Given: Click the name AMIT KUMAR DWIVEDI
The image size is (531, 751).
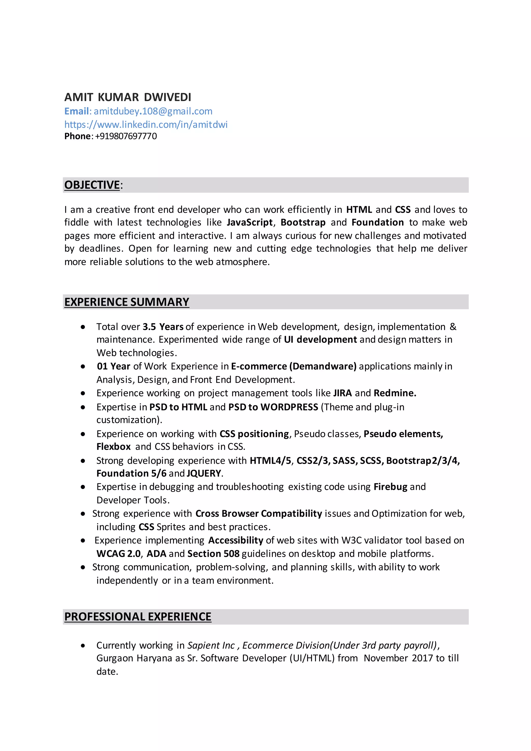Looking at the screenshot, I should [x=128, y=97].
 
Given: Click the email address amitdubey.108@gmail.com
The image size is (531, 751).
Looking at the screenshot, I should [x=153, y=111].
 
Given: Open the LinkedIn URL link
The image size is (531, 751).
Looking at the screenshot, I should [x=146, y=124].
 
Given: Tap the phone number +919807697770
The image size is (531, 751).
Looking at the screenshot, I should [x=126, y=136].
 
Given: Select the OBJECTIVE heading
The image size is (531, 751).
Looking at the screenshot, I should [x=92, y=185].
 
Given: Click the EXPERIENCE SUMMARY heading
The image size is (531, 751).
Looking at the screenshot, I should [x=127, y=302].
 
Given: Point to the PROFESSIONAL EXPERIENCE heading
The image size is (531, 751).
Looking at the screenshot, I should [x=138, y=617].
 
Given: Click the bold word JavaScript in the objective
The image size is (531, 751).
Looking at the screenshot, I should [x=250, y=222].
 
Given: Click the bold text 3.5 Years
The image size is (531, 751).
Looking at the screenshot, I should [x=163, y=327].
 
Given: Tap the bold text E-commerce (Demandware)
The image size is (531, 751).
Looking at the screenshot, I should [x=294, y=366].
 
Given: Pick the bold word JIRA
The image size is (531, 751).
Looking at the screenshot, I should [x=342, y=393].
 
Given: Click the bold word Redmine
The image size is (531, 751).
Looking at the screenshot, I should [x=395, y=393].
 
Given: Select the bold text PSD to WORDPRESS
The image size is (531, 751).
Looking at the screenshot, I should [x=273, y=407].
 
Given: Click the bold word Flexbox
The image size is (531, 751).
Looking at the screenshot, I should [x=114, y=447].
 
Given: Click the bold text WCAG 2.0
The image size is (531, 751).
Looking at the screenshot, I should [x=118, y=553].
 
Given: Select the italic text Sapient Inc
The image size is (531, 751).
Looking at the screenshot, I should [x=211, y=645].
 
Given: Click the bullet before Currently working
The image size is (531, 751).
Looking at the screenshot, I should [x=83, y=646].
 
